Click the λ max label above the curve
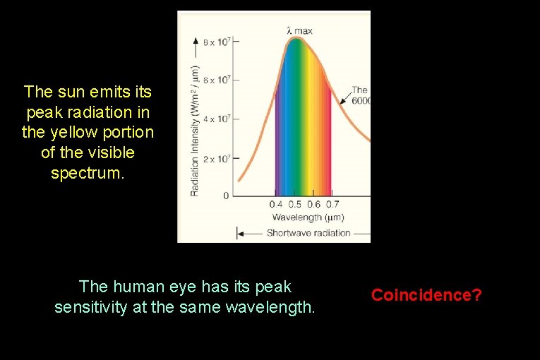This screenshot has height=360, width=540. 299,30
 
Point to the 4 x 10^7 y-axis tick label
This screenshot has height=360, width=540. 217,119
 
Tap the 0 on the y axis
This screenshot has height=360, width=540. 226,195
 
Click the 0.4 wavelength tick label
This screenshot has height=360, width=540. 276,205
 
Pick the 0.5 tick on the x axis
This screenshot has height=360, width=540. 294,205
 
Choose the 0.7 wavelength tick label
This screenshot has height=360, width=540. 332,205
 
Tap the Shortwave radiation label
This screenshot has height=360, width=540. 308,233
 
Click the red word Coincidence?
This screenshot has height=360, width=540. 426,294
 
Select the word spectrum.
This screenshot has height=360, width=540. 88,173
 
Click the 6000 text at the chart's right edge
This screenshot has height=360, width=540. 361,100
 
